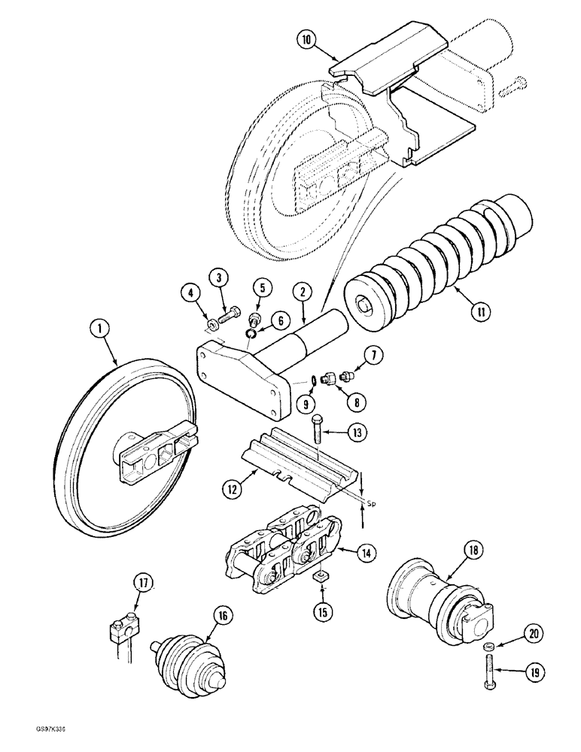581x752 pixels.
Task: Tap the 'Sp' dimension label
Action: (371, 498)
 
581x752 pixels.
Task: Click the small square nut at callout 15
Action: (320, 576)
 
